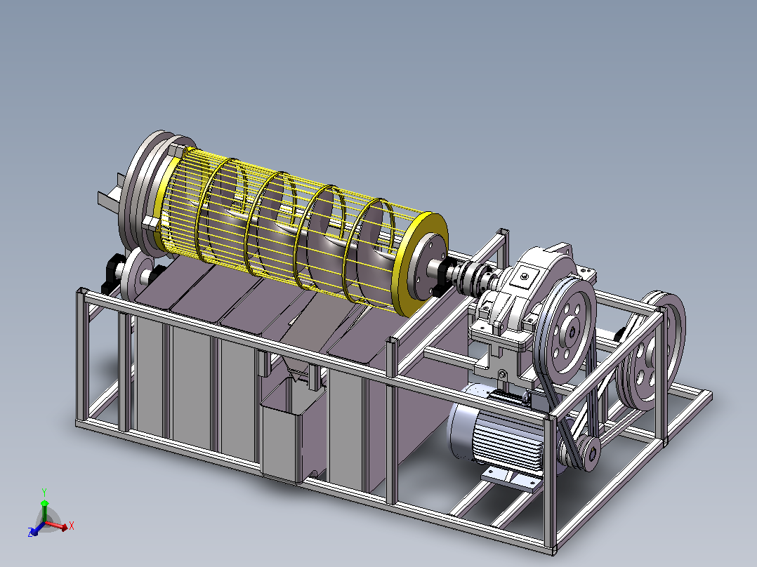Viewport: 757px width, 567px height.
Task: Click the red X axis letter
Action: click(x=72, y=526)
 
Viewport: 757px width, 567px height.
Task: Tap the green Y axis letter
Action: click(x=44, y=492)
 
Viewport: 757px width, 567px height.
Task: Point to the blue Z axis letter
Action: click(x=31, y=533)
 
